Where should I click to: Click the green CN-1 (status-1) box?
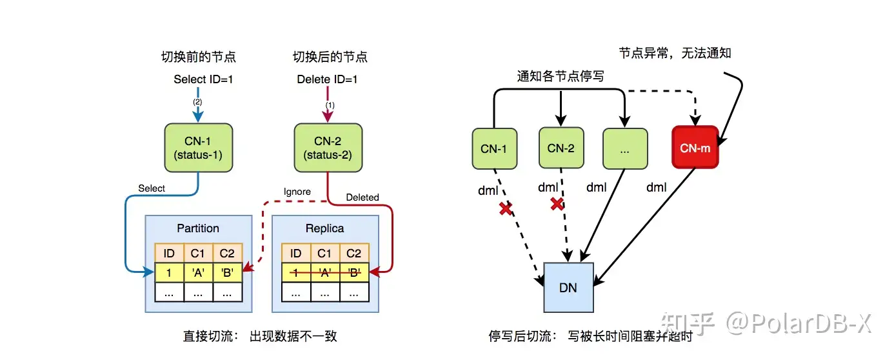[x=199, y=148]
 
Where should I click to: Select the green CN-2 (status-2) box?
[x=328, y=148]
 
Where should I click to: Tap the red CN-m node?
[x=695, y=148]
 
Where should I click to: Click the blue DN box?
[x=568, y=287]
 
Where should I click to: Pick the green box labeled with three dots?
[x=625, y=148]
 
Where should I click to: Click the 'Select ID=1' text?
[x=203, y=79]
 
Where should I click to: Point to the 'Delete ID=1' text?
[x=327, y=79]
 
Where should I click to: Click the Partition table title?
[x=198, y=228]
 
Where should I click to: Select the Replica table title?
[x=324, y=228]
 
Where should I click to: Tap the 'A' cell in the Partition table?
[x=198, y=273]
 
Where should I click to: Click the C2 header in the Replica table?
[x=353, y=254]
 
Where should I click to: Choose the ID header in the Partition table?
[x=169, y=254]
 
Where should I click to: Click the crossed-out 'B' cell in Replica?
[x=353, y=273]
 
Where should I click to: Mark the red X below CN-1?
[x=506, y=208]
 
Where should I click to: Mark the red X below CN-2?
[x=557, y=204]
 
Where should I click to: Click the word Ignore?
[x=297, y=192]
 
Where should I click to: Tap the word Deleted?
[x=363, y=197]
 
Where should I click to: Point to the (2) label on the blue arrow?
[x=197, y=102]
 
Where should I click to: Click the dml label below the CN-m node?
[x=656, y=187]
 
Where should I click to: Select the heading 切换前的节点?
[x=199, y=57]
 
